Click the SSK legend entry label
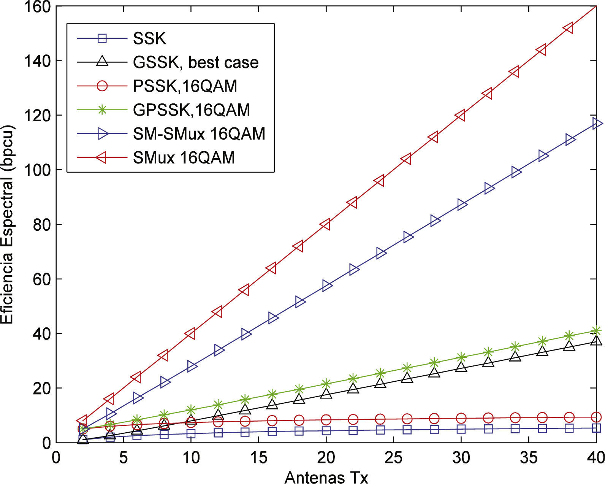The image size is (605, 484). pyautogui.click(x=149, y=38)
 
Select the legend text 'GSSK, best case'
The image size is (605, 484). pyautogui.click(x=196, y=62)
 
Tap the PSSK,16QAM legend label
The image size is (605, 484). pyautogui.click(x=185, y=86)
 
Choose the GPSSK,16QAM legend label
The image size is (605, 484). pyautogui.click(x=192, y=110)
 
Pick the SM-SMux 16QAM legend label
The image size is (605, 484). pyautogui.click(x=199, y=134)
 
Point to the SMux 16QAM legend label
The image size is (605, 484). pyautogui.click(x=184, y=158)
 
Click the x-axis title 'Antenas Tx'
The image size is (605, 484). pyautogui.click(x=326, y=477)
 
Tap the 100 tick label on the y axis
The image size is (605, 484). pyautogui.click(x=37, y=170)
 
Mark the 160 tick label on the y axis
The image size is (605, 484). pyautogui.click(x=37, y=7)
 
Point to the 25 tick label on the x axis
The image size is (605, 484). pyautogui.click(x=393, y=458)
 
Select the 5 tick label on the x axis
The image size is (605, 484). pyautogui.click(x=124, y=458)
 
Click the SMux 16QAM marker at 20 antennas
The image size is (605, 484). pyautogui.click(x=325, y=224)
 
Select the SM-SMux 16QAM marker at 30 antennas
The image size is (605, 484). pyautogui.click(x=462, y=205)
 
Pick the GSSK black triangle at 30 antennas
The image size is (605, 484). pyautogui.click(x=461, y=367)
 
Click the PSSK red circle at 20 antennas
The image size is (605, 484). pyautogui.click(x=326, y=420)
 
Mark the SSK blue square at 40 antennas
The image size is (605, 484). pyautogui.click(x=596, y=428)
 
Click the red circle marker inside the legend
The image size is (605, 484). pyautogui.click(x=102, y=86)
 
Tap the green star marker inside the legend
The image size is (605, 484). pyautogui.click(x=102, y=110)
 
